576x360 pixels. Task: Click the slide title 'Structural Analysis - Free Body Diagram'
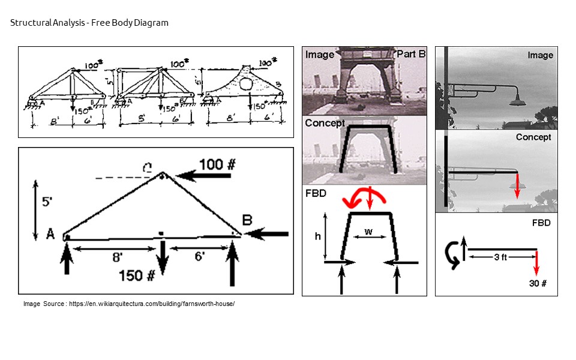coord(89,23)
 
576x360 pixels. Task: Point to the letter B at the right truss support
coord(247,220)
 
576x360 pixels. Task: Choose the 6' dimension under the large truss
coord(198,256)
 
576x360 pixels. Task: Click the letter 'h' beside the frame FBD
coord(318,236)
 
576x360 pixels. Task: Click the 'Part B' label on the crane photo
coord(411,54)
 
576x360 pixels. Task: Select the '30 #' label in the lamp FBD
coord(538,284)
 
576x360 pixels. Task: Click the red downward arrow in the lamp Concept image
coord(517,186)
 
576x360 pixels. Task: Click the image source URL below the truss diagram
coord(129,304)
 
